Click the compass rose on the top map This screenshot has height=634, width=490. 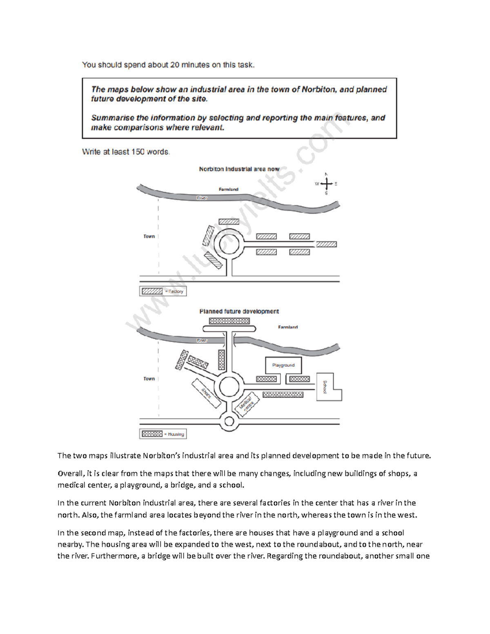[326, 184]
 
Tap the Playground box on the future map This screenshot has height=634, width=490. [283, 365]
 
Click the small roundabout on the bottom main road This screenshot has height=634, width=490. [229, 422]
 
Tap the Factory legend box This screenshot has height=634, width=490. [163, 291]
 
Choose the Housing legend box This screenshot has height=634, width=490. [163, 434]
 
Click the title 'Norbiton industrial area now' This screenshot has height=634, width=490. [239, 169]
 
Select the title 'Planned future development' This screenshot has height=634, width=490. [239, 311]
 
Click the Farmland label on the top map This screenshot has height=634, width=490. [228, 189]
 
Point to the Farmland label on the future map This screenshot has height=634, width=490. [288, 327]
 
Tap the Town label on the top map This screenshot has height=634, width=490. [149, 236]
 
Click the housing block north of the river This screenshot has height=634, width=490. [229, 321]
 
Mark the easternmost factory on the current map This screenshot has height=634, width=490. [326, 245]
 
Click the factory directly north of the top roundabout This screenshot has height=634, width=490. [229, 222]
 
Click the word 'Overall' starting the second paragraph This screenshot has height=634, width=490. [70, 474]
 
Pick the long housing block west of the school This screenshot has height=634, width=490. [283, 395]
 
